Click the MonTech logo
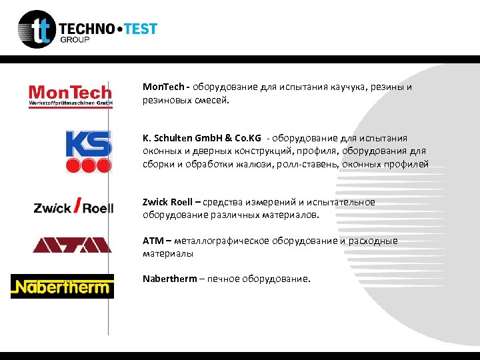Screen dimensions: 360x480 click(x=70, y=95)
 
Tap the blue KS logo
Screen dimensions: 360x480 click(x=88, y=151)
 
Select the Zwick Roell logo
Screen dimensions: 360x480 click(x=73, y=207)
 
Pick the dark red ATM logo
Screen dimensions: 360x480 click(x=72, y=245)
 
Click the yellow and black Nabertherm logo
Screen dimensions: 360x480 click(x=62, y=287)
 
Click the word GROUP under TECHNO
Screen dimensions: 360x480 click(x=75, y=40)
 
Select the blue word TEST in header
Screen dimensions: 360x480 click(x=138, y=29)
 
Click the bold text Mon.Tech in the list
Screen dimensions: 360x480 click(x=164, y=87)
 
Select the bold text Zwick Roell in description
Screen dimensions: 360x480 click(x=167, y=202)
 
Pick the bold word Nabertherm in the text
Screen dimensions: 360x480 click(x=169, y=279)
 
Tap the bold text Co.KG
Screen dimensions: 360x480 click(x=247, y=138)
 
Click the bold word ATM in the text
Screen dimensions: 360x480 click(x=152, y=241)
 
